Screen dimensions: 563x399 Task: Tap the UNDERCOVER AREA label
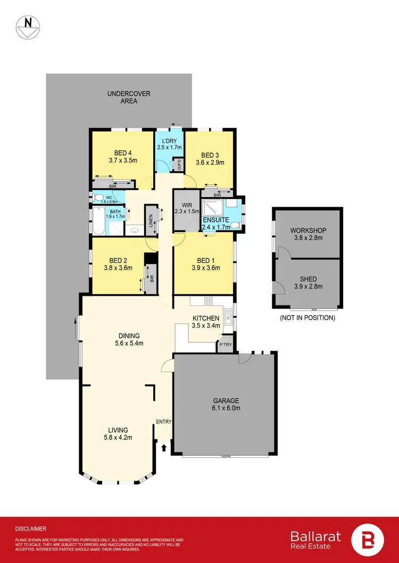pos(129,97)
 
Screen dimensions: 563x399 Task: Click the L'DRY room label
pos(169,141)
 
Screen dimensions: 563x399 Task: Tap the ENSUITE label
pos(215,220)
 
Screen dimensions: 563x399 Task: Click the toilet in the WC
pos(98,198)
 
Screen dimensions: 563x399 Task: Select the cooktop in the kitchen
pos(209,301)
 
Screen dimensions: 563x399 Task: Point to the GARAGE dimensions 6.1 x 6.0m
pos(227,408)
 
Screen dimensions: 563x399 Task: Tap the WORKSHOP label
pos(308,231)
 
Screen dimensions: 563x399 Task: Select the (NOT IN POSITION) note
pos(308,318)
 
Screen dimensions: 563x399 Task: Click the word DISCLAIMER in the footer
pos(31,528)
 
